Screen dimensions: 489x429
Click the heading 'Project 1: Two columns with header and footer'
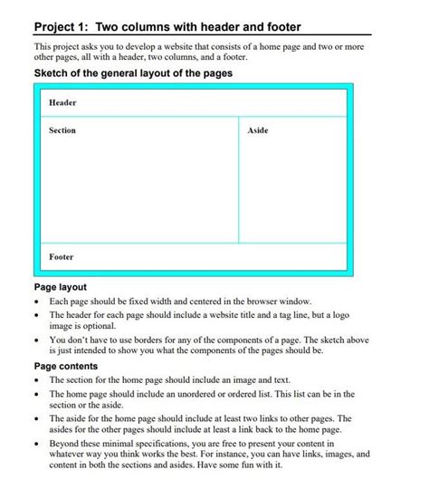coord(167,26)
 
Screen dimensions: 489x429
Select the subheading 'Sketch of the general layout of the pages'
coord(134,72)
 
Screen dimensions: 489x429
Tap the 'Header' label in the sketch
coord(62,102)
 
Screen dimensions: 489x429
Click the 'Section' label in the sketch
coord(62,130)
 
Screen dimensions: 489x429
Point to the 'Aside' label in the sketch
coord(258,130)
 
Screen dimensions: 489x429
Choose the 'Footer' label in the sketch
coord(62,257)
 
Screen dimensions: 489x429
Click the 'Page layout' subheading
coord(61,286)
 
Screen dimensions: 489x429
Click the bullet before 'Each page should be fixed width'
coord(37,301)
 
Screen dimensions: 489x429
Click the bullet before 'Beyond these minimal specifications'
coord(37,445)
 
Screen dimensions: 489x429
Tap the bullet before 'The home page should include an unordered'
coord(37,395)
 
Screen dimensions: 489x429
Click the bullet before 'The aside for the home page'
coord(37,419)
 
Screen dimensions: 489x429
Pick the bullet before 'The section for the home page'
coord(37,380)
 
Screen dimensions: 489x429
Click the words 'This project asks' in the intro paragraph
coord(66,46)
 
